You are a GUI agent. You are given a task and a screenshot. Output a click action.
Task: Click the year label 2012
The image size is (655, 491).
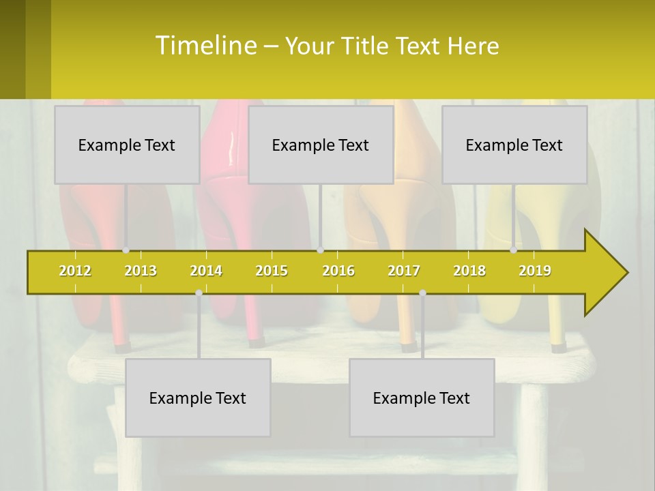75,271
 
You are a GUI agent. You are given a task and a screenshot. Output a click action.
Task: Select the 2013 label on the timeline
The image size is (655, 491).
141,271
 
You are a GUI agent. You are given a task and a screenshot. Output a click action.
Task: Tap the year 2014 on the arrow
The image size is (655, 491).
206,271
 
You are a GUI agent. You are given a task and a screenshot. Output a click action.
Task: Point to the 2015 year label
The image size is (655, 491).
272,271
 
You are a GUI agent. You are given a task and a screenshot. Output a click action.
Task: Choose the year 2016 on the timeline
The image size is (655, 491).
338,271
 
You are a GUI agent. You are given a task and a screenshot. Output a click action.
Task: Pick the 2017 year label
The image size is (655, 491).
404,271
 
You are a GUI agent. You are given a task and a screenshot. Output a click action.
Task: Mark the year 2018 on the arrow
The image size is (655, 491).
469,271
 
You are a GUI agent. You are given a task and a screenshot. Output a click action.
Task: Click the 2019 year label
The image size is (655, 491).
535,271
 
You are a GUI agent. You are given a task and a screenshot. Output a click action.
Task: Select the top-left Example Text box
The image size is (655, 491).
127,145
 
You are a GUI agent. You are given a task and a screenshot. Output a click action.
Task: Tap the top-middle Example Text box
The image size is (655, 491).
321,145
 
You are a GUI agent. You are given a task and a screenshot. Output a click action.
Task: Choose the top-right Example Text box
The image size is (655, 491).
514,145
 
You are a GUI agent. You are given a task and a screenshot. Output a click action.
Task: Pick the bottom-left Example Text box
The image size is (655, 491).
198,398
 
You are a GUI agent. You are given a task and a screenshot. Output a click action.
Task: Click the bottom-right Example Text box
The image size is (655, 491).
422,398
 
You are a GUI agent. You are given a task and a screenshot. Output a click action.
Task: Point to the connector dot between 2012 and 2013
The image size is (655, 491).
126,250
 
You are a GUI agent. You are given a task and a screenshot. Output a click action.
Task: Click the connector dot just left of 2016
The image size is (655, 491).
320,250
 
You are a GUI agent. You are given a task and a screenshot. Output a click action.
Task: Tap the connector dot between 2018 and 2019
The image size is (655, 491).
513,250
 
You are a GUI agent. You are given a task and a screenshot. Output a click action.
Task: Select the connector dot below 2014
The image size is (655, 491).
199,293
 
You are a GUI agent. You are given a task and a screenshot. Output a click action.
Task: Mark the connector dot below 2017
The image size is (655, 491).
422,293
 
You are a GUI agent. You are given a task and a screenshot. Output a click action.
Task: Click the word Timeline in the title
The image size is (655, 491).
205,45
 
